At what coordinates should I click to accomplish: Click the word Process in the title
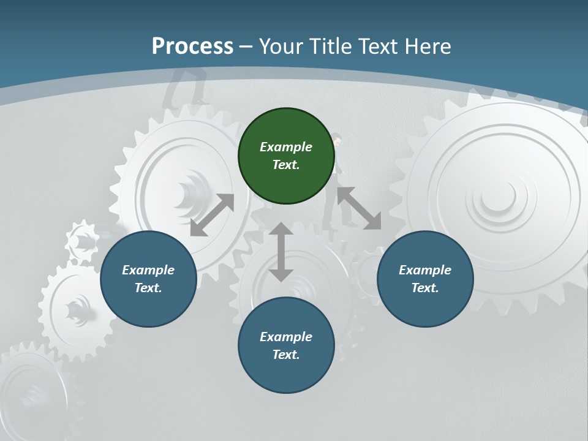click(x=192, y=46)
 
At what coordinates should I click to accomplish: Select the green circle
click(x=286, y=156)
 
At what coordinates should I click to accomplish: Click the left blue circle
click(x=148, y=279)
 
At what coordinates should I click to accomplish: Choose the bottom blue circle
click(x=286, y=345)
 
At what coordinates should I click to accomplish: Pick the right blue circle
click(x=425, y=279)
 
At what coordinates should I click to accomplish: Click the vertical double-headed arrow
click(x=281, y=252)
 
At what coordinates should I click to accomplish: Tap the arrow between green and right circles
click(x=359, y=208)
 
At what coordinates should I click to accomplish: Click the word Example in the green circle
click(x=286, y=147)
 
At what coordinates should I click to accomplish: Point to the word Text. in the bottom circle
click(x=286, y=355)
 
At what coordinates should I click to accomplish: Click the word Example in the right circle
click(x=425, y=270)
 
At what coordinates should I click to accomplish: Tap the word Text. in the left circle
click(x=148, y=288)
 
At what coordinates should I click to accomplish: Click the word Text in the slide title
click(x=375, y=46)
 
